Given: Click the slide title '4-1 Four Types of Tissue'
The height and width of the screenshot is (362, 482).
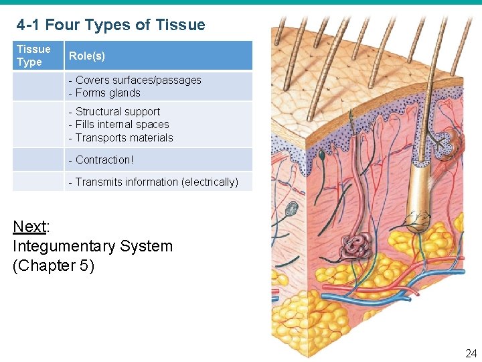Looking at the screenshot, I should click(x=111, y=25).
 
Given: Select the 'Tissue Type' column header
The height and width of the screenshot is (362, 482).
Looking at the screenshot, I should click(x=33, y=56).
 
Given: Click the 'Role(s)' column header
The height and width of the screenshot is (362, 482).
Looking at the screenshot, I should click(x=87, y=56).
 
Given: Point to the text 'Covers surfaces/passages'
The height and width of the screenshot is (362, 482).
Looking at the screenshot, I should click(x=138, y=80).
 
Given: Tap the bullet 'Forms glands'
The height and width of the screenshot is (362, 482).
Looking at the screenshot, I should click(x=108, y=93).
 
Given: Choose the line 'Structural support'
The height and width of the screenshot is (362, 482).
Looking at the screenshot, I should click(x=118, y=111).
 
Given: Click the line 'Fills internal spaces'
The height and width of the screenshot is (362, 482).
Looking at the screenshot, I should click(x=122, y=125).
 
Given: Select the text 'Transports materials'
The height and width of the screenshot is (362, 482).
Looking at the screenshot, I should click(x=124, y=138).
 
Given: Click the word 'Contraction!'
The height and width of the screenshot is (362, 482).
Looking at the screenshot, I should click(x=104, y=160).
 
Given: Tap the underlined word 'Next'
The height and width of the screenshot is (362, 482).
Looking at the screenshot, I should click(x=29, y=226).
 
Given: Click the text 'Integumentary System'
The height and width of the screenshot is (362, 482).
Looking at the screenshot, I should click(x=92, y=246).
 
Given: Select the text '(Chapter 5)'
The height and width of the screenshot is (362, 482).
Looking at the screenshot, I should click(x=54, y=265).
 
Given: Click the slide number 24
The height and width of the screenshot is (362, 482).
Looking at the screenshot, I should click(x=471, y=353).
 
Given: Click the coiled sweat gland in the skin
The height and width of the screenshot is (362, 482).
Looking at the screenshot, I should click(x=357, y=247).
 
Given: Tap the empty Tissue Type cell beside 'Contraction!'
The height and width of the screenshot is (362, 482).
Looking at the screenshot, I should click(x=38, y=160).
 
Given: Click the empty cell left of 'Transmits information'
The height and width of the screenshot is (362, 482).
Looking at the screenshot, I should click(x=38, y=182).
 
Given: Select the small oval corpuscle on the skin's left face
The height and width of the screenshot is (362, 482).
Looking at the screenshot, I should click(x=291, y=208).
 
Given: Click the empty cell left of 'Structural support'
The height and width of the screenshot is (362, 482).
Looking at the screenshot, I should click(x=38, y=125).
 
